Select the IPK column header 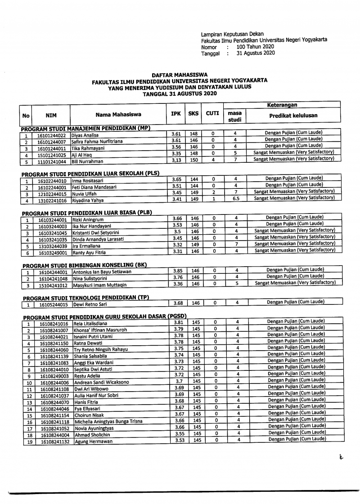coord(176,114)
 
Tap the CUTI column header coord(212,114)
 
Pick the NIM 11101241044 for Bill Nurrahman coord(51,161)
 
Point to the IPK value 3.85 coord(179,271)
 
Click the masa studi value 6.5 coord(236,198)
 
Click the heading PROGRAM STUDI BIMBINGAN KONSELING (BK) coord(85,265)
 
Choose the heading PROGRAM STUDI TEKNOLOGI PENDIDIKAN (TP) coord(85,297)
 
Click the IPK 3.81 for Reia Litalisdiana coord(179,322)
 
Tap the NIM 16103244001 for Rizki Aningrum coord(52,220)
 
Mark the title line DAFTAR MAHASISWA coord(180,75)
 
